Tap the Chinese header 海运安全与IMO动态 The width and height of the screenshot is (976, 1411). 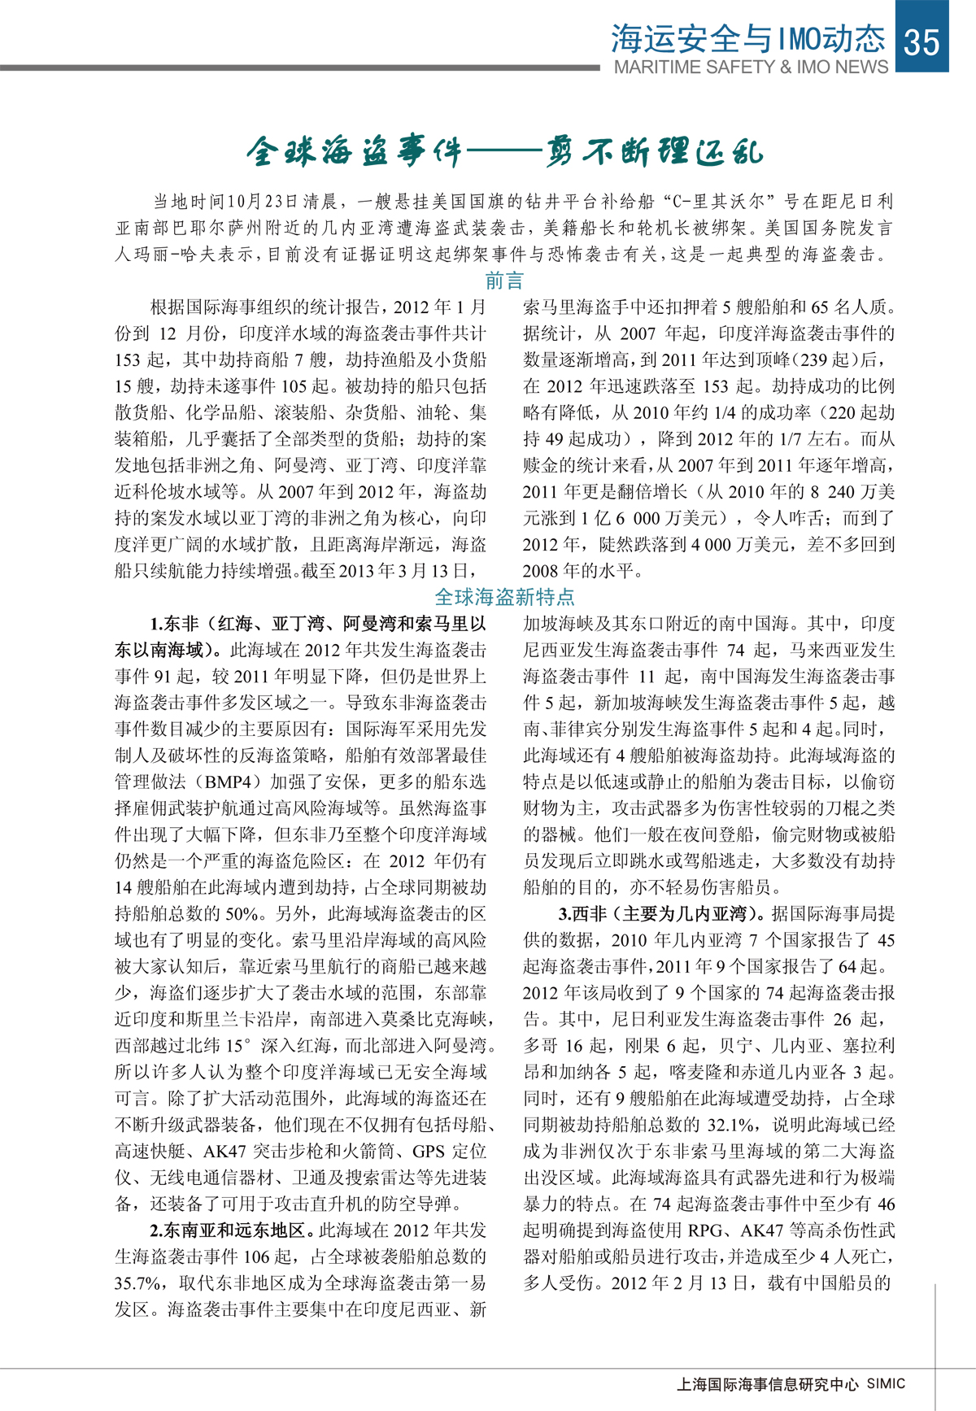[747, 38]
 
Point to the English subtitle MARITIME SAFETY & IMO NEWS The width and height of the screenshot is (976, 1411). [751, 68]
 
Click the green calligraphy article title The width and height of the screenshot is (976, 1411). [504, 152]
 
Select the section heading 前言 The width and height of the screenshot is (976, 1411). [504, 281]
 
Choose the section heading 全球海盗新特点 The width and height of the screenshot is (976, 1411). [504, 597]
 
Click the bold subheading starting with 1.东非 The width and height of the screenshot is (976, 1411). [317, 625]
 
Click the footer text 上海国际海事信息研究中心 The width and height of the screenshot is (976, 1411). [767, 1383]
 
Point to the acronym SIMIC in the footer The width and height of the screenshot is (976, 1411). [885, 1383]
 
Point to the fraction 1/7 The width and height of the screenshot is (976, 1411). [789, 439]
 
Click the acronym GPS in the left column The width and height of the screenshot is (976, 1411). [428, 1152]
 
